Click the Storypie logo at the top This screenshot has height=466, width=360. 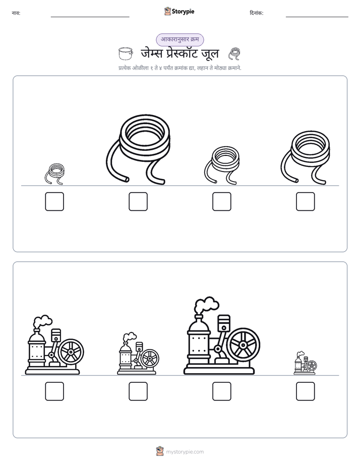click(x=179, y=11)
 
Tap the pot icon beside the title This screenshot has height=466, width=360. click(x=126, y=53)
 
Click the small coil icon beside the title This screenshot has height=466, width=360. click(x=234, y=54)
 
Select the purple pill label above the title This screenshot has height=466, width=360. click(x=179, y=39)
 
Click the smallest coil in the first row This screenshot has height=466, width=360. click(x=54, y=173)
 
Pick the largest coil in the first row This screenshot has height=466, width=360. click(x=139, y=149)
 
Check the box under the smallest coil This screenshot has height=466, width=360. click(x=54, y=202)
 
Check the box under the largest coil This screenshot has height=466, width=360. click(x=138, y=202)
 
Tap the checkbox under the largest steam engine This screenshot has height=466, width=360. click(x=222, y=391)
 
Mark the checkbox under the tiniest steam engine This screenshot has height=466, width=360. click(x=306, y=391)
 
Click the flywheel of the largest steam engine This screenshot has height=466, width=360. click(x=243, y=345)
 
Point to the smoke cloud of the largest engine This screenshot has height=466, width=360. click(x=206, y=305)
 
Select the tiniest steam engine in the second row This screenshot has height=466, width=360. click(x=306, y=363)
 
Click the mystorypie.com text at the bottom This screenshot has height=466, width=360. click(x=185, y=452)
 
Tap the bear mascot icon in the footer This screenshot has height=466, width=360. click(x=160, y=451)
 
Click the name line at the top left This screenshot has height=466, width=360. click(x=90, y=17)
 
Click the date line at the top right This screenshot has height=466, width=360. click(x=317, y=17)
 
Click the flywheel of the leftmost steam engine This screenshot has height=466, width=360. click(x=71, y=352)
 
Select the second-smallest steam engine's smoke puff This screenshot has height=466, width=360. click(x=130, y=337)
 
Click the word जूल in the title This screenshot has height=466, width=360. click(x=210, y=53)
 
